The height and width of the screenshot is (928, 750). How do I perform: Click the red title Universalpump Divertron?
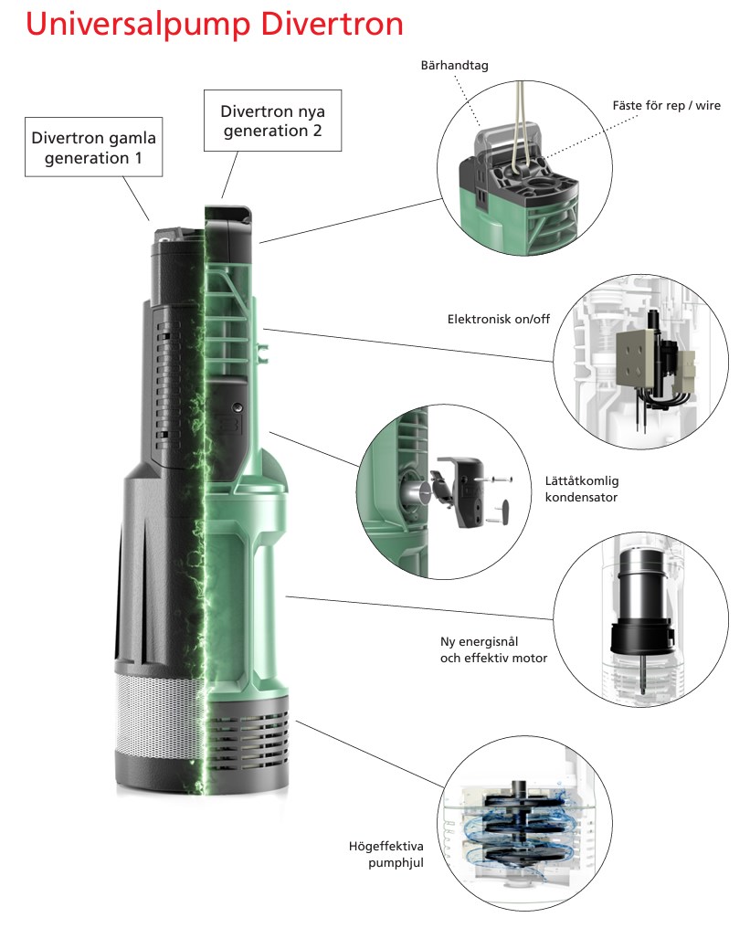[x=215, y=25]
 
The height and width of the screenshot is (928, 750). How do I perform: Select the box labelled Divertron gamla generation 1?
[x=93, y=147]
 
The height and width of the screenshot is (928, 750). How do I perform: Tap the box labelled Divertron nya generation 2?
[x=273, y=121]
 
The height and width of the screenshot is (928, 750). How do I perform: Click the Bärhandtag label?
[x=455, y=65]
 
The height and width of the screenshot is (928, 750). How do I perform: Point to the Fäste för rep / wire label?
[x=667, y=105]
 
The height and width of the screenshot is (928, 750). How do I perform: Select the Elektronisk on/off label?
[x=499, y=319]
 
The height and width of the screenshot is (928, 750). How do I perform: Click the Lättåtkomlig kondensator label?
[x=582, y=489]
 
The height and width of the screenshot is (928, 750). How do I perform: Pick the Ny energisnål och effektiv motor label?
[x=493, y=649]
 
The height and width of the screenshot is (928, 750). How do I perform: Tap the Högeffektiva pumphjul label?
[x=386, y=854]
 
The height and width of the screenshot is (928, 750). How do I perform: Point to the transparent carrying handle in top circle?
[x=508, y=142]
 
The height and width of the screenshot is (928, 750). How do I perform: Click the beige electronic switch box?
[x=636, y=361]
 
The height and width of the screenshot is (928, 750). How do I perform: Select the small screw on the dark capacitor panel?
[x=238, y=407]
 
